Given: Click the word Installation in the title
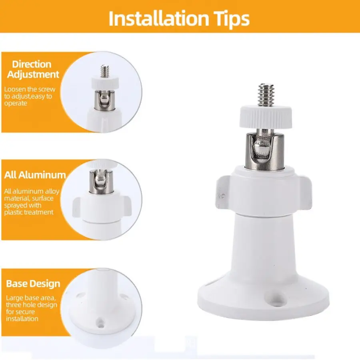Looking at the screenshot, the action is [x=159, y=18].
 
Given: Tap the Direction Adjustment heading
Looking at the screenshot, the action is [x=33, y=69].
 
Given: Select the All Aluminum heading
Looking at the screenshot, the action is [x=35, y=175].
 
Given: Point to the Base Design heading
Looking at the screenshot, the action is [x=33, y=284].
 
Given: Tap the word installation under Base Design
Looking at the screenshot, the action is [x=22, y=319].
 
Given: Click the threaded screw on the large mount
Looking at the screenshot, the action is [x=266, y=95].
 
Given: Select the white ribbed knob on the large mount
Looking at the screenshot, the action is [x=266, y=116].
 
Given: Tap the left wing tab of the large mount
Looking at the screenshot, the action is [x=223, y=192].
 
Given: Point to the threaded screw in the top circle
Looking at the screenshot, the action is [x=105, y=72].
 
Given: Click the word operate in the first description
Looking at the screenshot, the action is [x=16, y=103].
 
